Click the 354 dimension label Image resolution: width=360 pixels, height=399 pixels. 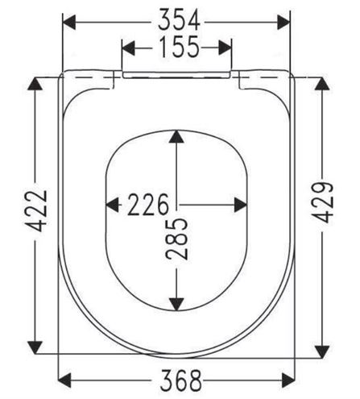[x=179, y=19]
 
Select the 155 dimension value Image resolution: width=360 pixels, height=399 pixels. [x=180, y=47]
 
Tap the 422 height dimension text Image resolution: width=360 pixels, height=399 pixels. [x=38, y=211]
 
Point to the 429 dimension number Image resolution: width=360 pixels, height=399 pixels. [x=323, y=203]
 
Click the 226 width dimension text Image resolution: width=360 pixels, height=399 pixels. [x=148, y=205]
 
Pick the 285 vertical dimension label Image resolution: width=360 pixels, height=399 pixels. [x=176, y=239]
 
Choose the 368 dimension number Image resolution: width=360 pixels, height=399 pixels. [x=180, y=380]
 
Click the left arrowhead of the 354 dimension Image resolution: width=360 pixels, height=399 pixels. [x=69, y=23]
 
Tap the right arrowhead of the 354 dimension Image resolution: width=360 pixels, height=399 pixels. [x=283, y=23]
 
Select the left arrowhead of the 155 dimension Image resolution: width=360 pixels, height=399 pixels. [x=128, y=48]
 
